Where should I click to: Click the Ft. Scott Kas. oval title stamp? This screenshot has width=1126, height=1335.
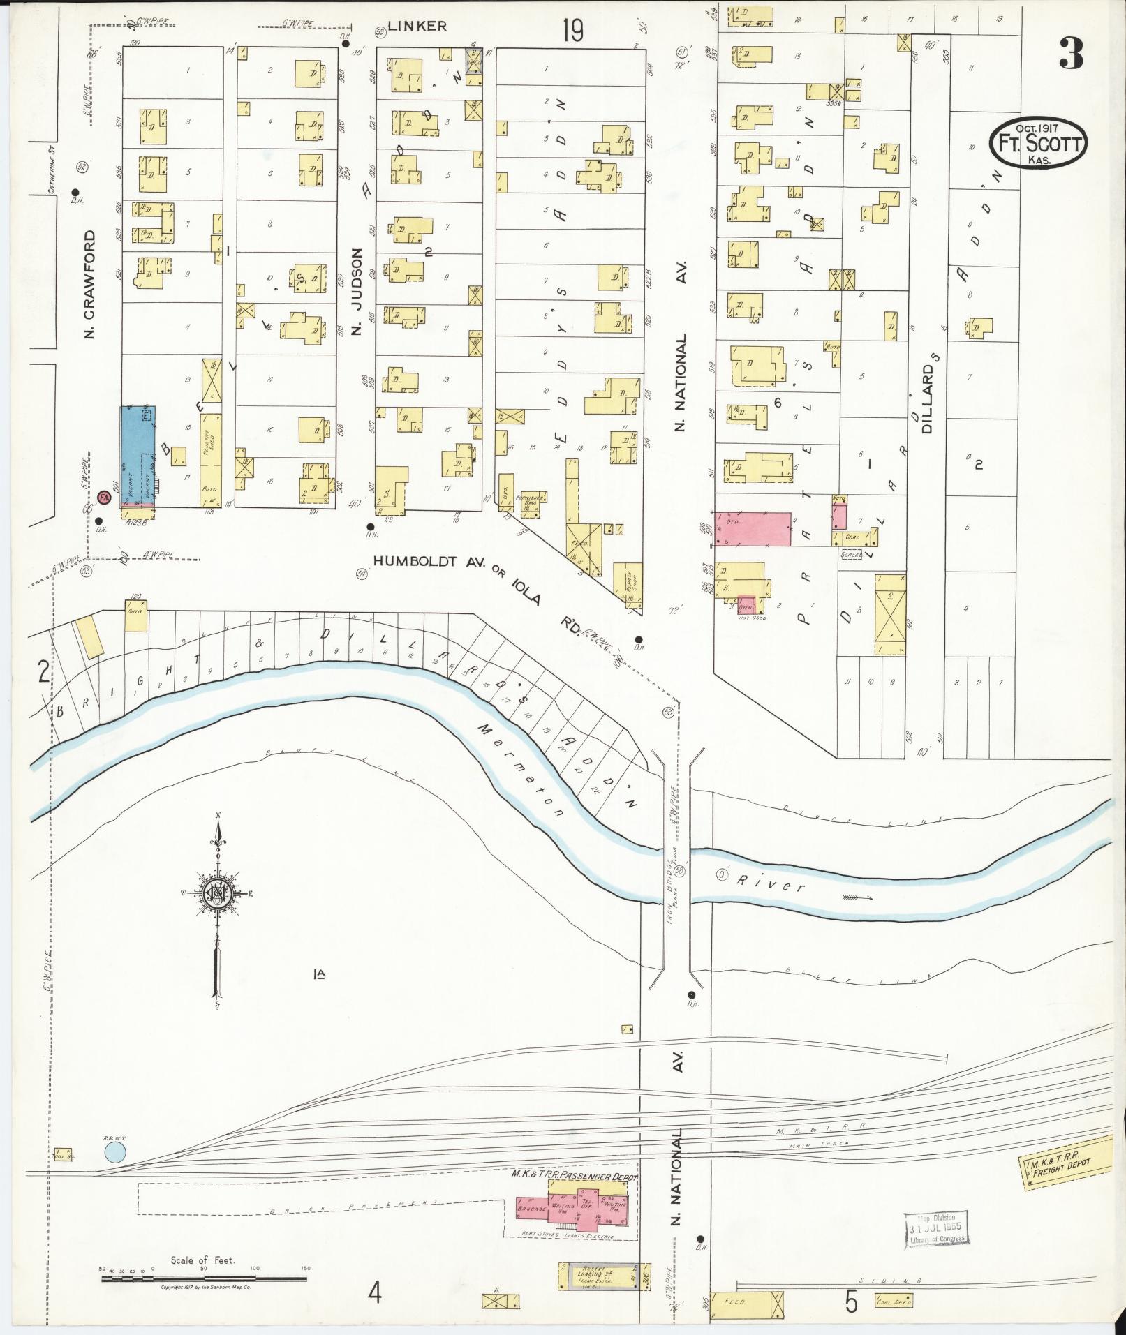pos(1039,144)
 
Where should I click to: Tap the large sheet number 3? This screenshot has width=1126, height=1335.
pos(1072,53)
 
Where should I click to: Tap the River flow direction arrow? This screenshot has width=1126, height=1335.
pos(857,898)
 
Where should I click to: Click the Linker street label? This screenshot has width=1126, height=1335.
pos(417,27)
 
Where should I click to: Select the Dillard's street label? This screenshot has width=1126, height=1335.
pos(927,398)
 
